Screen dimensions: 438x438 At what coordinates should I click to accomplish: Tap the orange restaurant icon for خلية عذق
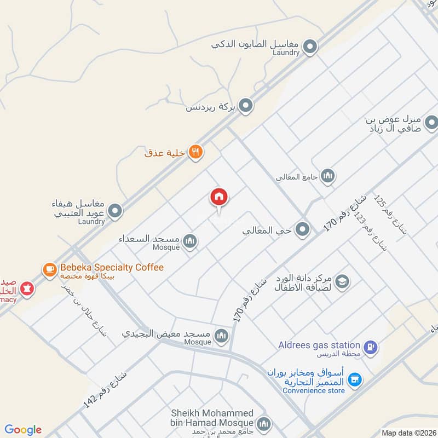tap(195, 152)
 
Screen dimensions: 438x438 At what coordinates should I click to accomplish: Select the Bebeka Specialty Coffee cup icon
tap(50, 269)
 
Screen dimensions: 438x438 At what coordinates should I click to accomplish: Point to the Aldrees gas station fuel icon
tap(371, 347)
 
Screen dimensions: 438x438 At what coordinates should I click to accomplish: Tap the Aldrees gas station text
tap(319, 345)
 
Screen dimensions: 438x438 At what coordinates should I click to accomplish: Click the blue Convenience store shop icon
tap(355, 379)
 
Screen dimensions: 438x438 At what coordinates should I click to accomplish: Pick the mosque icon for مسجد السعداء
tap(190, 241)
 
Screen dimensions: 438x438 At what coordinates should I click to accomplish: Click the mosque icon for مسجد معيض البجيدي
tap(221, 335)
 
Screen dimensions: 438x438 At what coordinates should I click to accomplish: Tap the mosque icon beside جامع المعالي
tap(328, 176)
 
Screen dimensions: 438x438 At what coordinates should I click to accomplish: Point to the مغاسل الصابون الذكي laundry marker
tap(310, 47)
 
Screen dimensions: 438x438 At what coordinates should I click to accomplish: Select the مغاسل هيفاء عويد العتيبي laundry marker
tap(115, 211)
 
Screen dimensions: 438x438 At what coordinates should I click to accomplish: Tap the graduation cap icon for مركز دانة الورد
tap(343, 282)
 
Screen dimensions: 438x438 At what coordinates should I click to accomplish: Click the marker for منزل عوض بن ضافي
tap(431, 122)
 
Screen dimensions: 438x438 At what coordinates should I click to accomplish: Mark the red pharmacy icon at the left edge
tap(26, 287)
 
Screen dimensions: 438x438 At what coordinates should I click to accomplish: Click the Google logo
tap(23, 430)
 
